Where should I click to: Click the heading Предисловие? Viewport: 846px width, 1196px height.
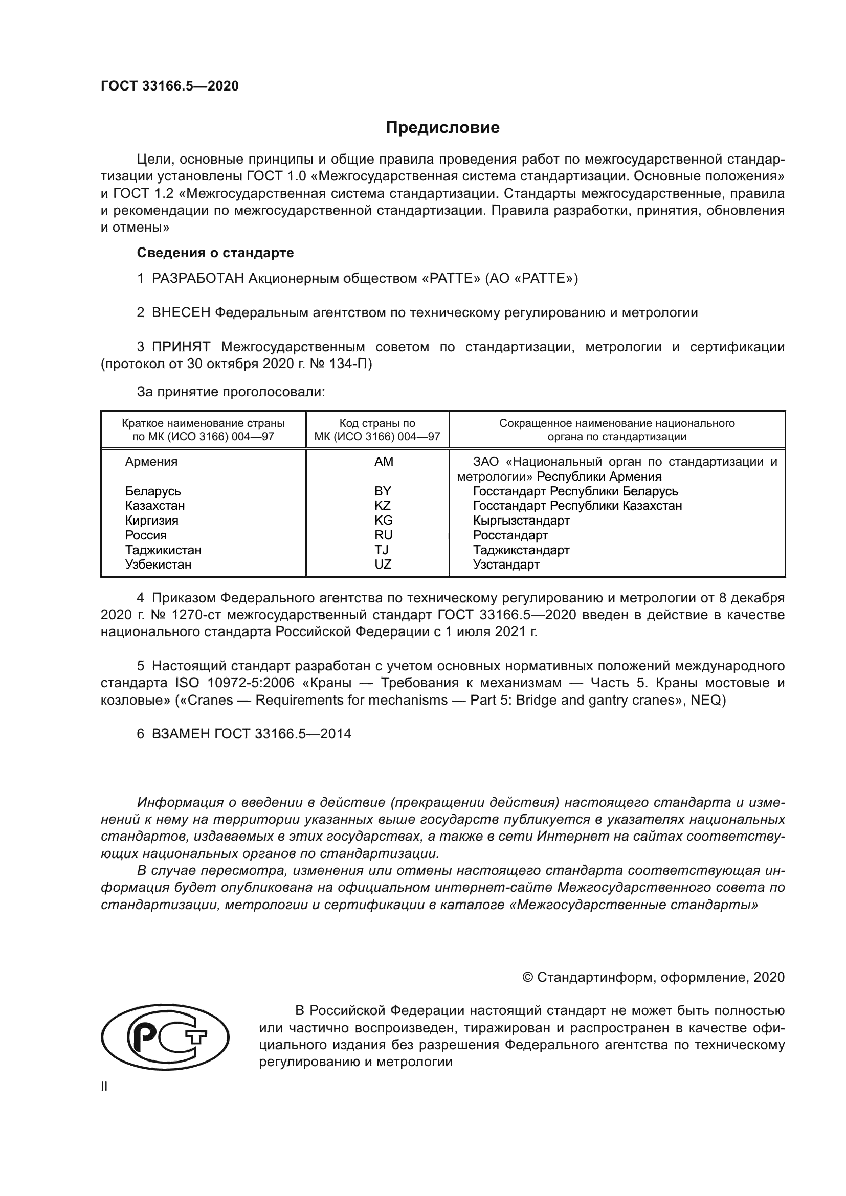point(442,128)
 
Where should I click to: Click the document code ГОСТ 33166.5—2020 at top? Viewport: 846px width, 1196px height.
point(169,86)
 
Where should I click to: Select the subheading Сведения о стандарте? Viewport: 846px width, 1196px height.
point(215,253)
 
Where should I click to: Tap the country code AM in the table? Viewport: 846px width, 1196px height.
point(384,462)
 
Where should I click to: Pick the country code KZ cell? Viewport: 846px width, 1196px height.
point(383,505)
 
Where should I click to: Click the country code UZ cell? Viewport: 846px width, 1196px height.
point(383,564)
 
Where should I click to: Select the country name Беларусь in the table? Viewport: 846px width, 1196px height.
point(152,491)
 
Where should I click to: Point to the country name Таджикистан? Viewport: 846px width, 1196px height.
point(163,550)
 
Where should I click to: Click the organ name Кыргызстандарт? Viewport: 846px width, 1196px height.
point(521,521)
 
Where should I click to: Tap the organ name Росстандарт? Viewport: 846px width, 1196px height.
point(510,535)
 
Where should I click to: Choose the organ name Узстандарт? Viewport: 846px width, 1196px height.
point(506,564)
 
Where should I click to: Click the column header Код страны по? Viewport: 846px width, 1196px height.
point(377,423)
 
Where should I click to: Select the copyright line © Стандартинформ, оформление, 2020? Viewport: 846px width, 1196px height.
point(653,977)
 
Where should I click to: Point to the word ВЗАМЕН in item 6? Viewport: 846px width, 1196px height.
point(181,734)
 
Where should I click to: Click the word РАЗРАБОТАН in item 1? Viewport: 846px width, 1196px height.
point(198,278)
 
